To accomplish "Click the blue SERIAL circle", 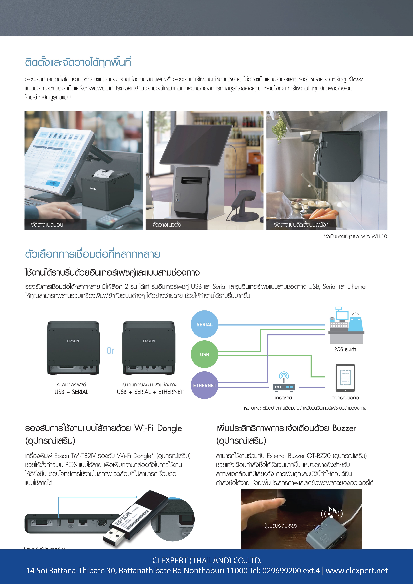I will coord(204,324).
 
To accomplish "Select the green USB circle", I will coord(204,354).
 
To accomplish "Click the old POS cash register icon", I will coord(346,326).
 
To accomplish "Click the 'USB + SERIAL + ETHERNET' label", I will coord(150,392).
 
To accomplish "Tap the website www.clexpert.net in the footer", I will coord(356,570).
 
